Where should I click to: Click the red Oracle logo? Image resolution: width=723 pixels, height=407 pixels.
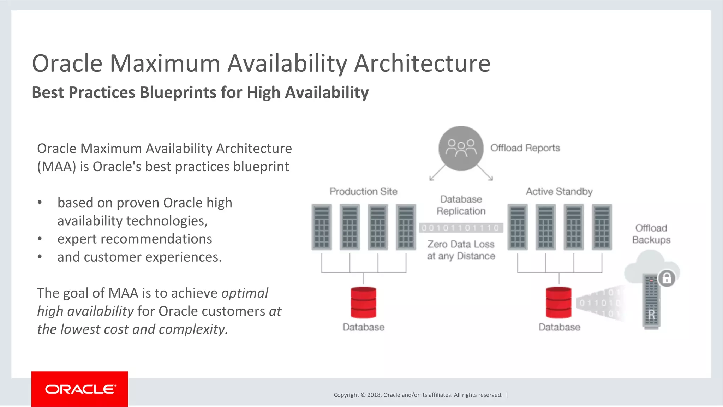pyautogui.click(x=79, y=389)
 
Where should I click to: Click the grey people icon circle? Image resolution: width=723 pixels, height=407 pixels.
pyautogui.click(x=461, y=148)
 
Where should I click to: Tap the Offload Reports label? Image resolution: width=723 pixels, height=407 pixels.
pyautogui.click(x=525, y=148)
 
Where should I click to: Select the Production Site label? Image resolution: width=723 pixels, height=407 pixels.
pyautogui.click(x=363, y=191)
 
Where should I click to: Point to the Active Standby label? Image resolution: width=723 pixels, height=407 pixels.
pyautogui.click(x=559, y=191)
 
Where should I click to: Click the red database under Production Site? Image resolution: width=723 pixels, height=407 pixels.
pyautogui.click(x=363, y=302)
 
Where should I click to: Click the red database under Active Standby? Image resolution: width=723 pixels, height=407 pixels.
pyautogui.click(x=558, y=302)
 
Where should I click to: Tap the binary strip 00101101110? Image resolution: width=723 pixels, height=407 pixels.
pyautogui.click(x=461, y=228)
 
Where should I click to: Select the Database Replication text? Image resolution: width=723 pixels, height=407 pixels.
pyautogui.click(x=461, y=205)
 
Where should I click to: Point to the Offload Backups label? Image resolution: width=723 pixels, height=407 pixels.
pyautogui.click(x=651, y=234)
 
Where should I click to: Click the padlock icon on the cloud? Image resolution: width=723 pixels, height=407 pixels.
pyautogui.click(x=667, y=278)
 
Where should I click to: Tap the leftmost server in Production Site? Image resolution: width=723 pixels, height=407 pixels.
pyautogui.click(x=322, y=227)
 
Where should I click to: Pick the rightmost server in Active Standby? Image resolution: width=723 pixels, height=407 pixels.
pyautogui.click(x=602, y=227)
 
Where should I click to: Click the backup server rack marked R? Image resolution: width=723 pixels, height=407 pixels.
pyautogui.click(x=651, y=302)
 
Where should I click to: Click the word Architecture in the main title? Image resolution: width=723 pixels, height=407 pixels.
pyautogui.click(x=422, y=64)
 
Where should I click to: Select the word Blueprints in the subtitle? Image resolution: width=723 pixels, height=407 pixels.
pyautogui.click(x=178, y=92)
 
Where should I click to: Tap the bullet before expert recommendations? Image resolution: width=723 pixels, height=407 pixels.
pyautogui.click(x=40, y=239)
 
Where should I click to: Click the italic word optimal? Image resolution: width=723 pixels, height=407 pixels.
pyautogui.click(x=245, y=293)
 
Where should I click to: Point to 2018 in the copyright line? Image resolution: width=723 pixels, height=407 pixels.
pyautogui.click(x=374, y=395)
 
